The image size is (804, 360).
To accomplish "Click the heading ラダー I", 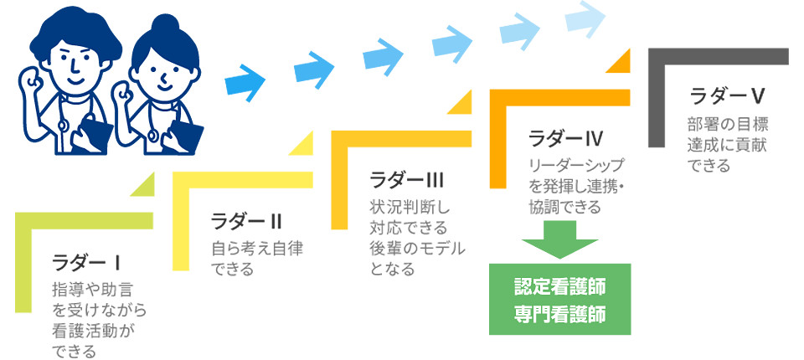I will (87, 263).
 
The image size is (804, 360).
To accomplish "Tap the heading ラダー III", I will (406, 179).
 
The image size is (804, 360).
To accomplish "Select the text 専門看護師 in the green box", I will (559, 316).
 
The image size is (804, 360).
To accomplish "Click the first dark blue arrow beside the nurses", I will (245, 81).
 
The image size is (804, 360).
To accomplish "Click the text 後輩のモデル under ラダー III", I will (416, 249).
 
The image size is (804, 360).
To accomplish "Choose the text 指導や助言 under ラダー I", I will (87, 291).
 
